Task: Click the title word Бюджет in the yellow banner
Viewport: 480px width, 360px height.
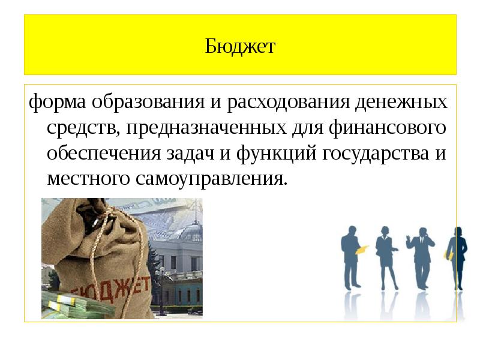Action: [x=240, y=46]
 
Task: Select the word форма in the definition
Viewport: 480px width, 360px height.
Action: [x=58, y=102]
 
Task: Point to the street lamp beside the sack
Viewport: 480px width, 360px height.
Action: [x=160, y=282]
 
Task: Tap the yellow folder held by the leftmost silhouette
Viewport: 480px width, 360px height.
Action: [x=361, y=250]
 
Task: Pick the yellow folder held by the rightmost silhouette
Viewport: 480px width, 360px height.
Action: [x=448, y=254]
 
